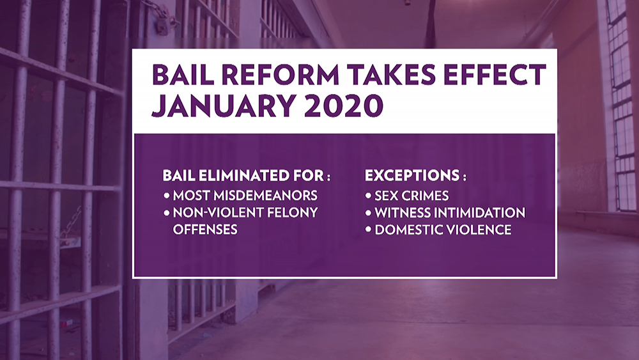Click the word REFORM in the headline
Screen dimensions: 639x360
[x=281, y=75]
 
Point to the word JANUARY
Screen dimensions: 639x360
[x=224, y=106]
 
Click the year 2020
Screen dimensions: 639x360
[x=344, y=106]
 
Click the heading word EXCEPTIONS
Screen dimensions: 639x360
[x=412, y=175]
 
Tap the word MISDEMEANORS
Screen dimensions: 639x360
[x=265, y=195]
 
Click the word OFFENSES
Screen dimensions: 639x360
[x=205, y=230]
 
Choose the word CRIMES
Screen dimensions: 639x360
[x=425, y=196]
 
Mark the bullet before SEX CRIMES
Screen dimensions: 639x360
[x=368, y=196]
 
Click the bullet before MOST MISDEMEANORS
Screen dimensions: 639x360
[x=166, y=195]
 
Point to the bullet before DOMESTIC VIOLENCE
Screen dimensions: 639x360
[x=368, y=230]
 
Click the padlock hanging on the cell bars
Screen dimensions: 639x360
[x=162, y=26]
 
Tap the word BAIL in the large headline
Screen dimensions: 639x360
[x=183, y=75]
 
